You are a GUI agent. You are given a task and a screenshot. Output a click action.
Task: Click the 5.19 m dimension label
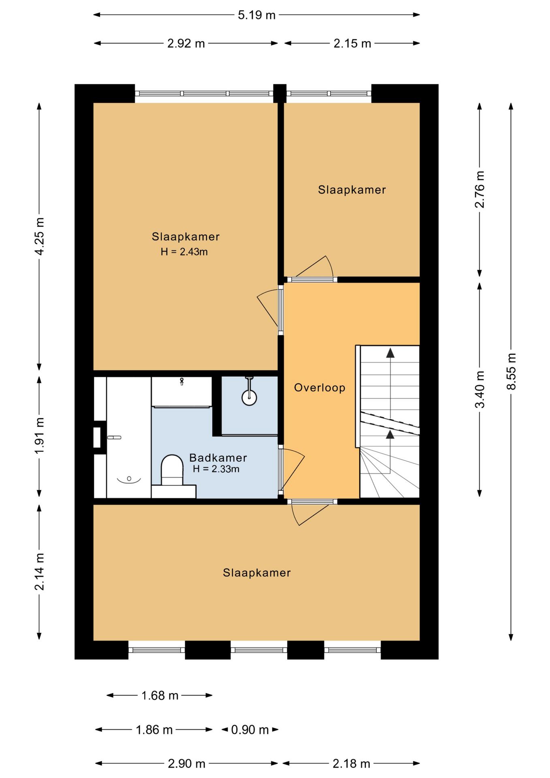[256, 15]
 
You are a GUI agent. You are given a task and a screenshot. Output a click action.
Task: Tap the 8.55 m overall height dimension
[512, 371]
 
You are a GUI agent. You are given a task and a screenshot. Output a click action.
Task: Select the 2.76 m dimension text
[480, 189]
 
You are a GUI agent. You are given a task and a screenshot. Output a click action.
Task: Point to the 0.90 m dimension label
[250, 730]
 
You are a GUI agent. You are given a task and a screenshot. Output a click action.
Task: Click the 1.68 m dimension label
[160, 696]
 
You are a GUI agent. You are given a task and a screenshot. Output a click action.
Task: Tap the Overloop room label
[320, 388]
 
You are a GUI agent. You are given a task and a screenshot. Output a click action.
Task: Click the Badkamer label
[218, 457]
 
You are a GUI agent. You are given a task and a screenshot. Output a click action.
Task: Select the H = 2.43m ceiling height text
[184, 252]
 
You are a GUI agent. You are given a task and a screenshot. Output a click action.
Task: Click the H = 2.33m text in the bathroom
[216, 469]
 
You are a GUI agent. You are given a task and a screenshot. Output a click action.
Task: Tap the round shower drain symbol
[249, 398]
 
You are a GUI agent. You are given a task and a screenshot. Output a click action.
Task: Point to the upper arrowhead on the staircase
[390, 353]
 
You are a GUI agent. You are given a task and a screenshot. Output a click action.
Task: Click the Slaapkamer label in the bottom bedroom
[257, 573]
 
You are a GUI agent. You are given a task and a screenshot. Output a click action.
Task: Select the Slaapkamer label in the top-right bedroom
[352, 190]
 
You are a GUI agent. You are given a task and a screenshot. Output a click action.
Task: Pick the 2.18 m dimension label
[351, 764]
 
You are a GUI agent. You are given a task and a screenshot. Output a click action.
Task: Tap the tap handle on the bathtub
[114, 438]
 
